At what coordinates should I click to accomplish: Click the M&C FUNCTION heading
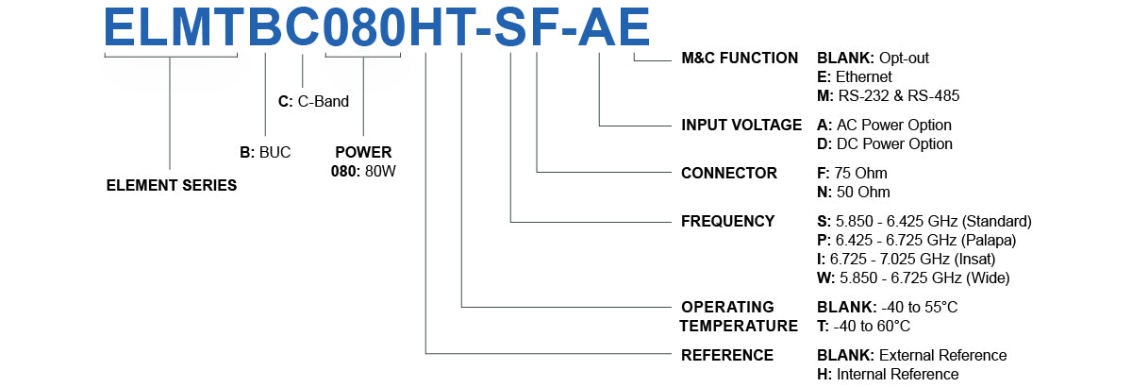[x=740, y=58]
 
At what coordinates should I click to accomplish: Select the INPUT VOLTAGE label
[x=741, y=125]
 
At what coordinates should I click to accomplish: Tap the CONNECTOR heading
[x=729, y=173]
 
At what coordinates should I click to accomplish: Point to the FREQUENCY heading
[x=727, y=221]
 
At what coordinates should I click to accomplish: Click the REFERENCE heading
[x=727, y=355]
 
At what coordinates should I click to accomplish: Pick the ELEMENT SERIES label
[x=171, y=185]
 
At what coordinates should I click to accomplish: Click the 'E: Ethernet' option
[x=855, y=76]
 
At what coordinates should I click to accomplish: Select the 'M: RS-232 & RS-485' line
[x=889, y=95]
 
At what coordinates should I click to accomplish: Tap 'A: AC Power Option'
[x=884, y=125]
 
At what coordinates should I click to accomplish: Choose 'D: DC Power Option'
[x=885, y=143]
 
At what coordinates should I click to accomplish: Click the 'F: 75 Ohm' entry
[x=852, y=173]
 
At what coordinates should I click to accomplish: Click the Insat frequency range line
[x=907, y=259]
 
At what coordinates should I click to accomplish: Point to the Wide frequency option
[x=913, y=278]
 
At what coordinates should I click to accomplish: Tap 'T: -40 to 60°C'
[x=863, y=326]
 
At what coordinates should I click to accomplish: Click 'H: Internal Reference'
[x=888, y=374]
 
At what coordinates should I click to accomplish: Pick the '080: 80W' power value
[x=363, y=171]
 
